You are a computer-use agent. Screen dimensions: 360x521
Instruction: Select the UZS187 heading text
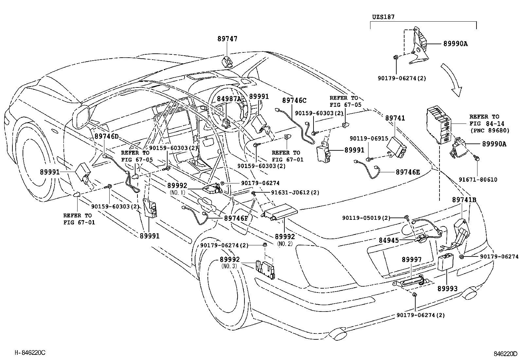coord(383,16)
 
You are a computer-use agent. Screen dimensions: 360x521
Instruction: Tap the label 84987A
coord(229,98)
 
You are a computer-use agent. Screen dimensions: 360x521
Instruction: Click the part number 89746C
coord(294,100)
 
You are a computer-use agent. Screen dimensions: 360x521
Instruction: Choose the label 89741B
coord(464,200)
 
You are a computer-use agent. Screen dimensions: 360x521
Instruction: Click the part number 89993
coord(448,289)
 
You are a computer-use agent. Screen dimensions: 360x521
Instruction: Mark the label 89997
coord(412,260)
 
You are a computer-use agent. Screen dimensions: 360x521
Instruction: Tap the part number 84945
coord(389,240)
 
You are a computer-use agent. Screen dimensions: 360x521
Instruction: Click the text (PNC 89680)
coord(490,130)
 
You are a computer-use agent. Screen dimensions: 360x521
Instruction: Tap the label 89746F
coord(236,218)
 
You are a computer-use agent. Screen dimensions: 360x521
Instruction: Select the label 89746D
coord(107,136)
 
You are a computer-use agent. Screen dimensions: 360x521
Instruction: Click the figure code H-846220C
coord(29,352)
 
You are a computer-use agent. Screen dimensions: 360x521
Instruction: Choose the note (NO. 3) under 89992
coord(229,266)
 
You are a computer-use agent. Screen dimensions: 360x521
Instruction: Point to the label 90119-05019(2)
coord(366,218)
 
